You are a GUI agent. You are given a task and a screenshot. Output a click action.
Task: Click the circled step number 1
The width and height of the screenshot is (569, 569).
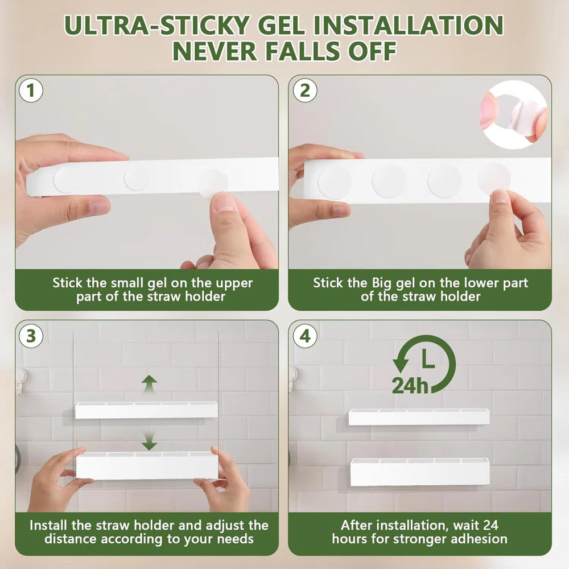coord(31,90)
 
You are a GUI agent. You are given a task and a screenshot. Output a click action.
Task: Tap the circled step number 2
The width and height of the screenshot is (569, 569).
coord(305,90)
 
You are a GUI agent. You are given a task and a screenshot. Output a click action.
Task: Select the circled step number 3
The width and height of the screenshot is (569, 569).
coord(31,336)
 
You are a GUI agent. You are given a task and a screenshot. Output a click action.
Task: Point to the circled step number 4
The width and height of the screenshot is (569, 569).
coord(305,336)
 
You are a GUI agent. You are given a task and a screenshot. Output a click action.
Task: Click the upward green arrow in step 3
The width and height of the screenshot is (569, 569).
coord(149,384)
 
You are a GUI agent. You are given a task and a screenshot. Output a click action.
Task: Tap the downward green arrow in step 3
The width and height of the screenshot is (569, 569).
coord(149,442)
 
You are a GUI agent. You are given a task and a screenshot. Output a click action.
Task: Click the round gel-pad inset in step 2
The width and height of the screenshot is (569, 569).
coord(514,115)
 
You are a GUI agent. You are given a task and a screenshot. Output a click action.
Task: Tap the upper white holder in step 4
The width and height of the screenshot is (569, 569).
coord(419,417)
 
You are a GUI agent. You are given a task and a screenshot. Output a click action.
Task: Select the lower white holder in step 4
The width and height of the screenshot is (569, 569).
coord(420,472)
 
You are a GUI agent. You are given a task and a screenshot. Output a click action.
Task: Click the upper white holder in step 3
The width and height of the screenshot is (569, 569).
coord(146,410)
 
